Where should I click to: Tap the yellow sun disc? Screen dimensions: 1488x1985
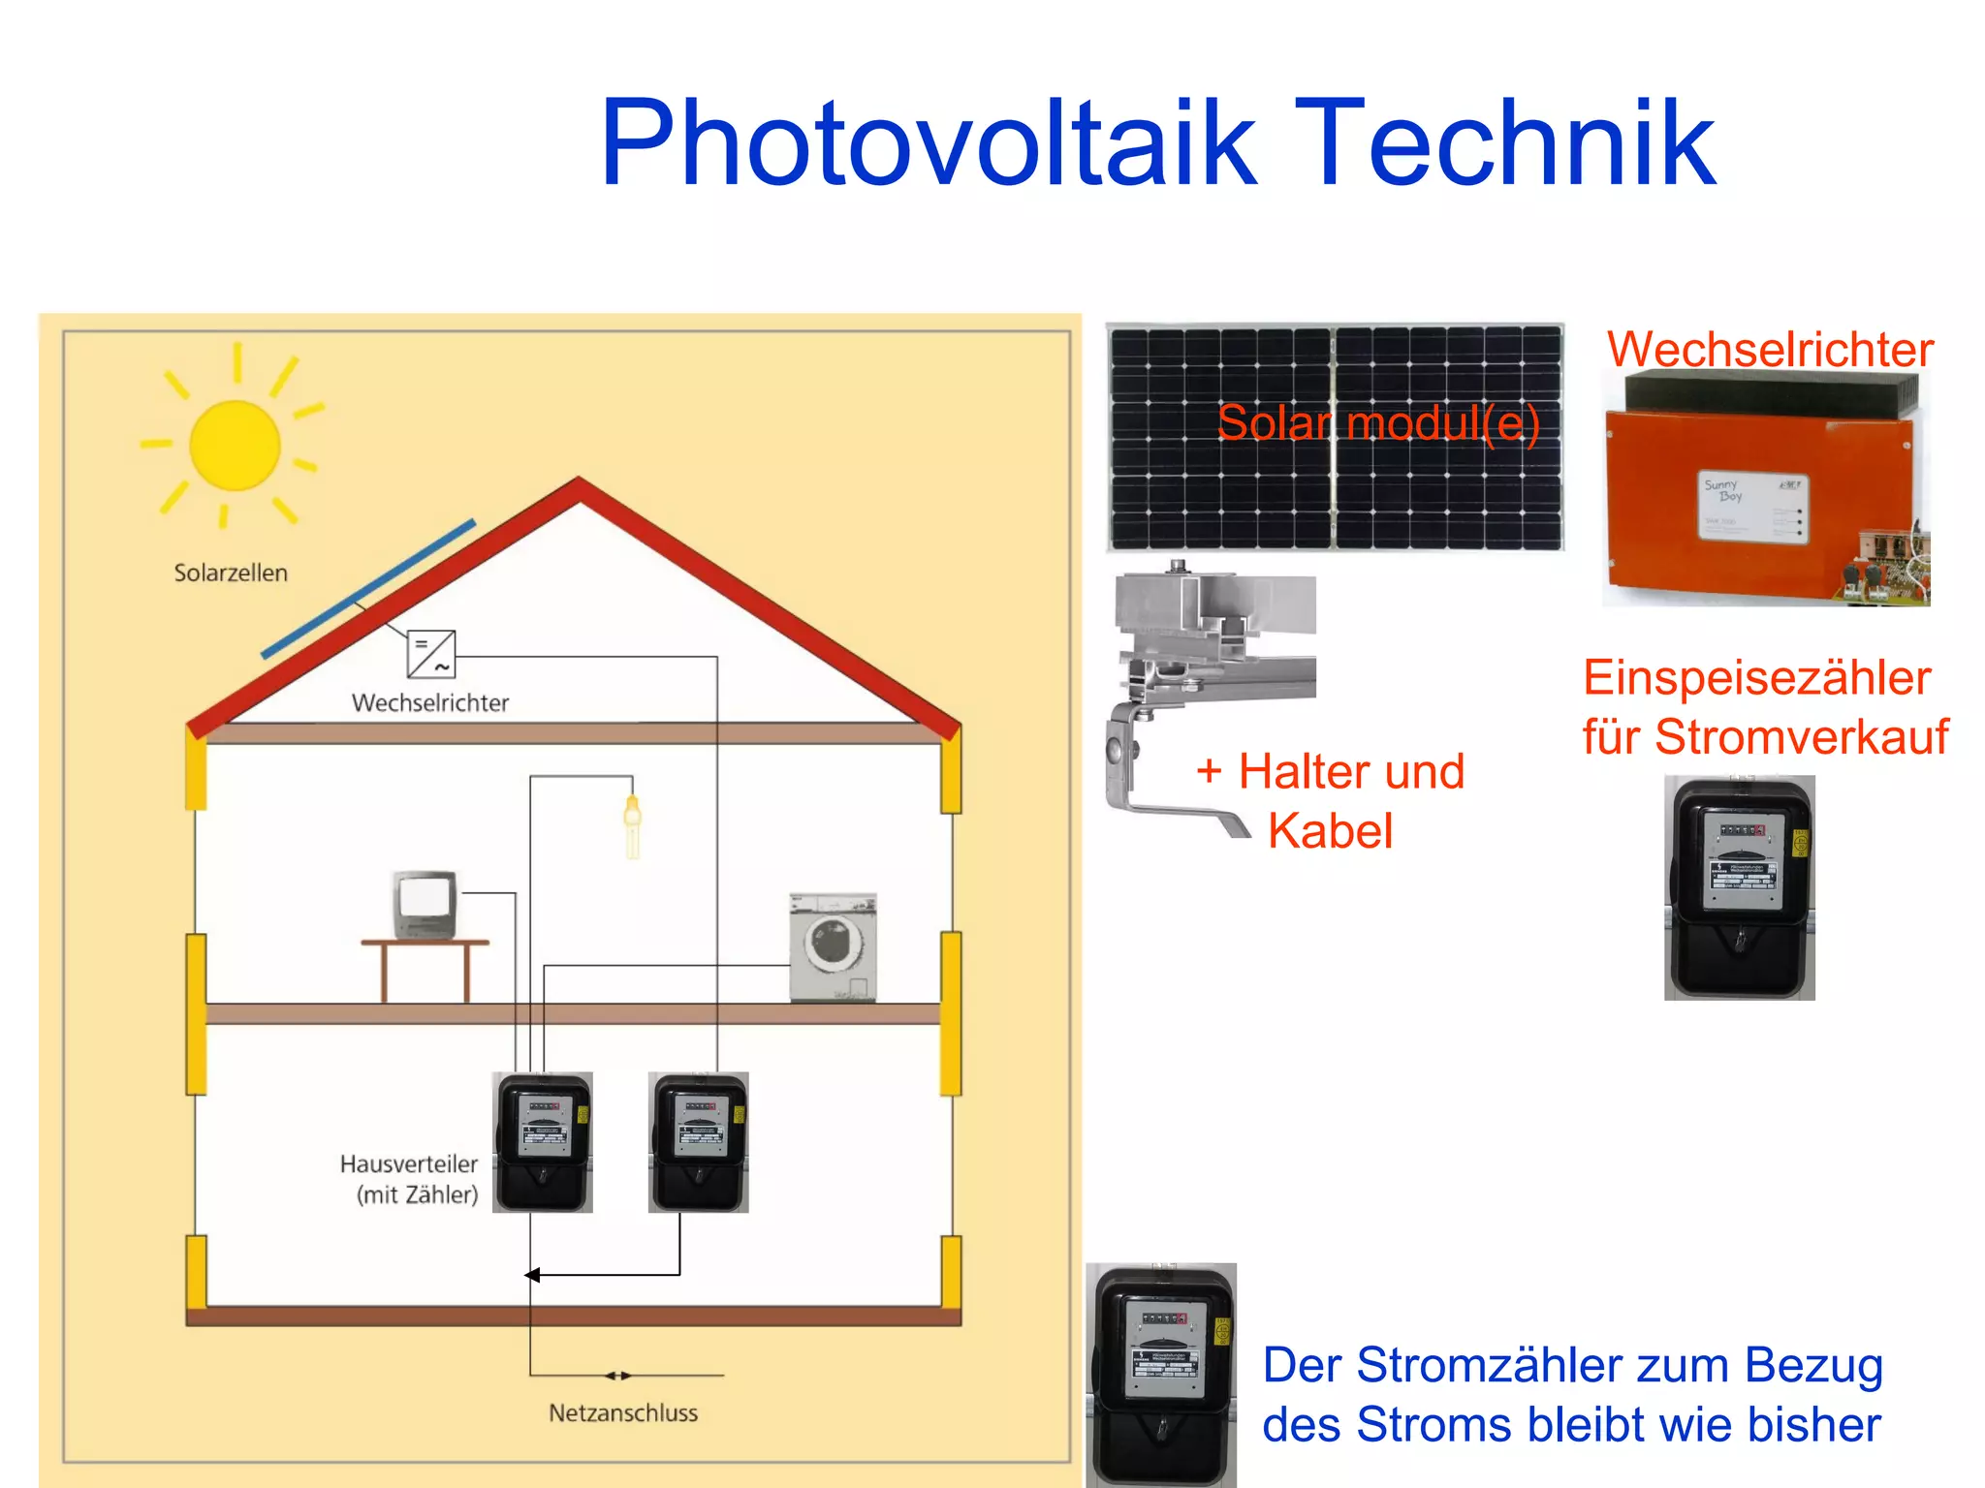235,446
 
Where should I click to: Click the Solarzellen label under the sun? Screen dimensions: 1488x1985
231,573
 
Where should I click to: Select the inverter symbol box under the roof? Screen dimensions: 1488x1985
431,655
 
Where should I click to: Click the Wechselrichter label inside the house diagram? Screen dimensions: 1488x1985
429,702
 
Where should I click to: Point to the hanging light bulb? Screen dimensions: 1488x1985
633,823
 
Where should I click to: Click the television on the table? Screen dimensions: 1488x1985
425,905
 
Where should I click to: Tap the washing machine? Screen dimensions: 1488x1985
833,946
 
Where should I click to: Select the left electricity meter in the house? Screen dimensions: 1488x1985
543,1141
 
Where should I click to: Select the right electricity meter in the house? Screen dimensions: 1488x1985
699,1141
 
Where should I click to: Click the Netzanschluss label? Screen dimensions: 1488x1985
623,1412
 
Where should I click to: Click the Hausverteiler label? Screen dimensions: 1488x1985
409,1164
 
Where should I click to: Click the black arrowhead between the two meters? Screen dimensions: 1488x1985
532,1275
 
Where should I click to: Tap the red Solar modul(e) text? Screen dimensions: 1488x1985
1377,423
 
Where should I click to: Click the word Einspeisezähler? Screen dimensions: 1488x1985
1756,677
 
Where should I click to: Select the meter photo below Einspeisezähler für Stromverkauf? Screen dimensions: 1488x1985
1740,887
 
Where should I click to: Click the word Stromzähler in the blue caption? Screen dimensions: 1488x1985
1494,1365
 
